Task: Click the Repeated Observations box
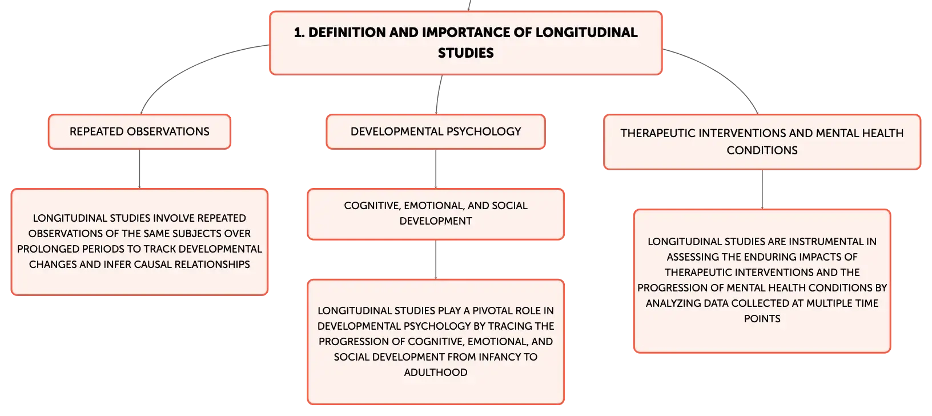click(x=139, y=131)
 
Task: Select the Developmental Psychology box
click(x=436, y=131)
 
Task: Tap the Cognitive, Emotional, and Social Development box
click(x=436, y=214)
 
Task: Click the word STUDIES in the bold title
click(x=465, y=53)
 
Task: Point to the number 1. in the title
click(x=299, y=33)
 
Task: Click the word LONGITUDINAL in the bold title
click(x=586, y=33)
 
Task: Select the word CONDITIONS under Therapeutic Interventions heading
click(x=762, y=150)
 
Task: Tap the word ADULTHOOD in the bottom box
click(x=436, y=372)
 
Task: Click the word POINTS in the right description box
click(x=762, y=318)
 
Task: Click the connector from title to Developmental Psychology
click(x=438, y=94)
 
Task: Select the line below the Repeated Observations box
click(x=139, y=169)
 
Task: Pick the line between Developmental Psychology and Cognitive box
click(x=436, y=169)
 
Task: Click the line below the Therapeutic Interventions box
click(x=762, y=190)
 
